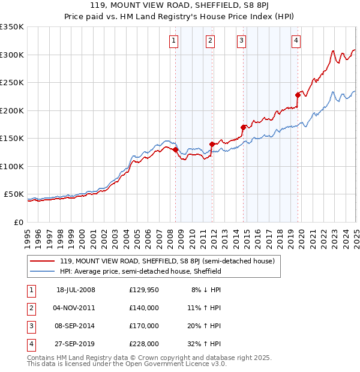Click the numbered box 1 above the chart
[x=173, y=41]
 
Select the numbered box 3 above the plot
[x=241, y=41]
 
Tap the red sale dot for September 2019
[x=298, y=95]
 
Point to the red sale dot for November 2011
[x=212, y=144]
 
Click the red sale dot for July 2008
[x=176, y=149]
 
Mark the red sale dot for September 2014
[x=243, y=127]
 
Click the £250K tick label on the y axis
[x=12, y=83]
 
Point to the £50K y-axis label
[x=14, y=194]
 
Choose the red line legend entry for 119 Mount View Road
[x=167, y=261]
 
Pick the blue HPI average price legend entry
[x=140, y=271]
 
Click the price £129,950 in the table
[x=144, y=290]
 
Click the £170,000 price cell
[x=144, y=326]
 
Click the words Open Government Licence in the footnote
[x=164, y=364]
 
